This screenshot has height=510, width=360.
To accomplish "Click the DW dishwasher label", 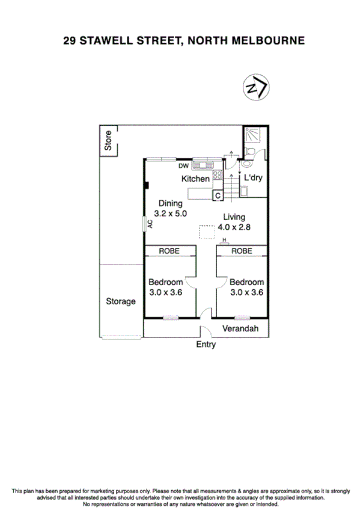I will pos(183,165).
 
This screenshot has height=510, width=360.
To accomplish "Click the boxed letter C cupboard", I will pos(218,195).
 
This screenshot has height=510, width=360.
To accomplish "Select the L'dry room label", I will pos(252,178).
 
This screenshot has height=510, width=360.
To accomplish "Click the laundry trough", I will pos(246,191).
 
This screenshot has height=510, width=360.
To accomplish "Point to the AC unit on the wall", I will pos(146,223).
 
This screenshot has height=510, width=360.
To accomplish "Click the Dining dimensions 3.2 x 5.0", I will pos(171,213).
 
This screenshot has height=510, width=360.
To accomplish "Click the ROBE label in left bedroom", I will pos(169,251).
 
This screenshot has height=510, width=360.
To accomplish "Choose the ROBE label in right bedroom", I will pos(242,251).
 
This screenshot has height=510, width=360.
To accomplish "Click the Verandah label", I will pos(240,329).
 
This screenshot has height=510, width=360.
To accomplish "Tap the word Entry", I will pos(206,345).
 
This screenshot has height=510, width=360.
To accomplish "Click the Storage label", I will pos(120,301).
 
